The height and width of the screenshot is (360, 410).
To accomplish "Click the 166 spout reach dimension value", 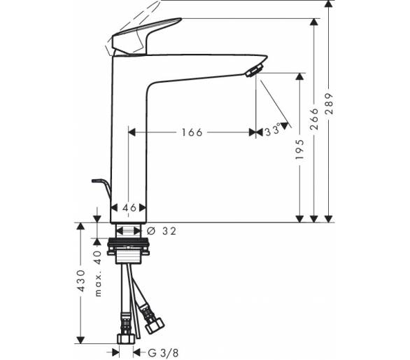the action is pos(192,132).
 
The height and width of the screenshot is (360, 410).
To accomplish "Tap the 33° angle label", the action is pos(273,130).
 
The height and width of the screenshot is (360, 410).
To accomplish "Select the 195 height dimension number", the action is pos(299,149).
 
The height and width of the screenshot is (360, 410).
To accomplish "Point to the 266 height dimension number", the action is pos(314,119).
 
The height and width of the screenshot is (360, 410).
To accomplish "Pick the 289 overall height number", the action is pos(330,104).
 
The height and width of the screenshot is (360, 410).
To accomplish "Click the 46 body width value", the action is pos(129,208).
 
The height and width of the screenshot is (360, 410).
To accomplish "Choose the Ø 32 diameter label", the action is pos(162,231).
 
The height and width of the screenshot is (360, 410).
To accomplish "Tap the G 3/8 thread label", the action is pos(164,353).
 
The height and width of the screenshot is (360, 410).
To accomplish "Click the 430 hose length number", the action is pos(81,281).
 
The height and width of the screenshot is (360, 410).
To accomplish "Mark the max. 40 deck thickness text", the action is pos(98,274).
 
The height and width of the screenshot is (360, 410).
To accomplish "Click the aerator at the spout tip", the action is pos(254,71).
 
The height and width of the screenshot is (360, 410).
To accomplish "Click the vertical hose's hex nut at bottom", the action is pos(126,338).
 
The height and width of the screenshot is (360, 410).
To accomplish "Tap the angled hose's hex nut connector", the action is pos(154,325).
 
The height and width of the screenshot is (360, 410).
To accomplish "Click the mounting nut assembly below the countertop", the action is pos(128,251).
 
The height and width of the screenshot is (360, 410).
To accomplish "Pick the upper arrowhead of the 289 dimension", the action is pos(329,4).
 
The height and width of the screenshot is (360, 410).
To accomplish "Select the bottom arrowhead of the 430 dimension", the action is pos(80,340).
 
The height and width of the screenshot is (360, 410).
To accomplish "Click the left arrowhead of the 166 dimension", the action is pos(132,132).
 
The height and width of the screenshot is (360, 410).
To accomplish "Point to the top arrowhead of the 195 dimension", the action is pos(299,76).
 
